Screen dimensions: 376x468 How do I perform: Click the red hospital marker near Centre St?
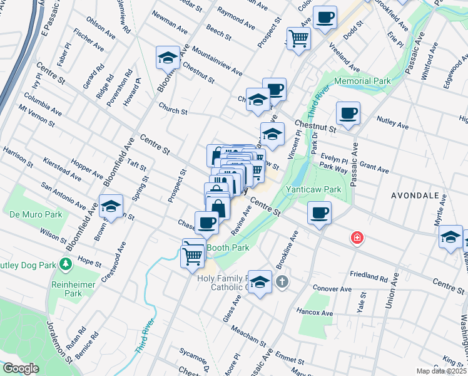(357, 238)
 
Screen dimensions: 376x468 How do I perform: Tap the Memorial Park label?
(362, 81)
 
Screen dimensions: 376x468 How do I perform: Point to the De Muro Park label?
(36, 214)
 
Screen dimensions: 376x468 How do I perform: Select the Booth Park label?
(228, 248)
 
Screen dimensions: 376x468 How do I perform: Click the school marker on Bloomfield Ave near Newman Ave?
(167, 58)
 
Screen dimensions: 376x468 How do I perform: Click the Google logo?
(21, 368)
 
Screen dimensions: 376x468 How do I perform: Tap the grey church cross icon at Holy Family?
(282, 281)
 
